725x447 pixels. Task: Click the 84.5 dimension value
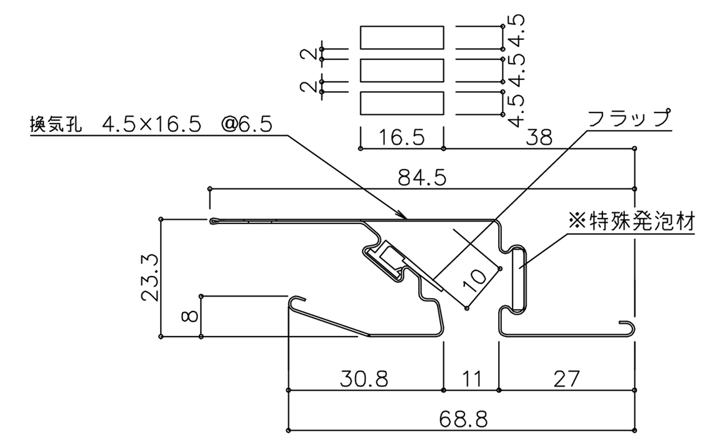(x=422, y=177)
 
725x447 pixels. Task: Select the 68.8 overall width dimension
(x=463, y=420)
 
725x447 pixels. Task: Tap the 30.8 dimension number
(x=364, y=379)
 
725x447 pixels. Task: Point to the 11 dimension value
(x=472, y=379)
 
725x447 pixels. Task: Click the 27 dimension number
(x=566, y=379)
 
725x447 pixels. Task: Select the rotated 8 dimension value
(x=191, y=316)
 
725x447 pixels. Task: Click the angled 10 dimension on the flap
(x=476, y=277)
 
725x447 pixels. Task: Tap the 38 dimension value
(x=539, y=137)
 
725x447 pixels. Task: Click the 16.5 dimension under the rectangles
(x=401, y=137)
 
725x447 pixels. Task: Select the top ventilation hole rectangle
(x=402, y=37)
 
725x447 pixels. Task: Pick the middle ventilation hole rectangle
(x=402, y=70)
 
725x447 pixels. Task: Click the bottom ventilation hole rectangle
(x=402, y=103)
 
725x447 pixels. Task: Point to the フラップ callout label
(x=629, y=118)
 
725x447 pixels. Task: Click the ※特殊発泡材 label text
(x=632, y=221)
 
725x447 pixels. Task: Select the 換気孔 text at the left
(x=56, y=124)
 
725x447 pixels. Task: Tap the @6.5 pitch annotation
(x=247, y=124)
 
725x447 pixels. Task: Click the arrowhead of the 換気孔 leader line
(x=402, y=215)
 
